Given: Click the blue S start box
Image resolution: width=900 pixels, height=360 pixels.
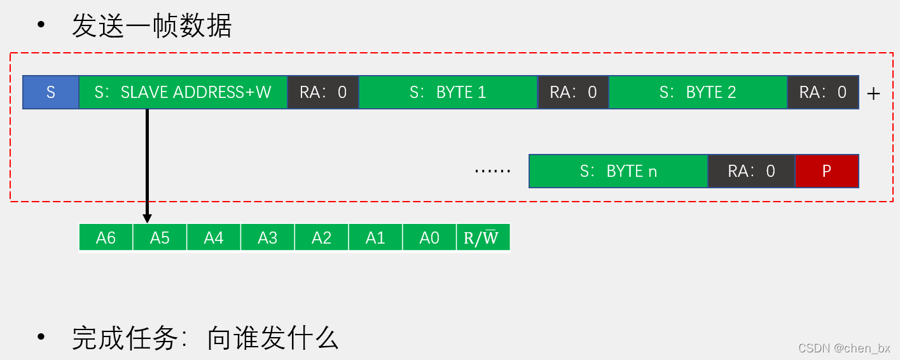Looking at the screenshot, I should click(x=51, y=93).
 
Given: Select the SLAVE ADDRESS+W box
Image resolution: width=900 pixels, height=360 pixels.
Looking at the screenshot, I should click(x=183, y=93).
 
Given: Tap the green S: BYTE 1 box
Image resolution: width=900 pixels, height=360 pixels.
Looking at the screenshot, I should click(x=448, y=93).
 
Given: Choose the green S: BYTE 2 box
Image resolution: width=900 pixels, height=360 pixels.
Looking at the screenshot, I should click(x=698, y=93).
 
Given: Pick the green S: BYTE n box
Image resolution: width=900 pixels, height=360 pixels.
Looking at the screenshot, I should click(x=618, y=171).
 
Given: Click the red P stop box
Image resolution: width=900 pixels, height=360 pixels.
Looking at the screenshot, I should click(x=827, y=171).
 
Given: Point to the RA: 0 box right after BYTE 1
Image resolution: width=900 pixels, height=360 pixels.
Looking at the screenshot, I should click(x=573, y=93).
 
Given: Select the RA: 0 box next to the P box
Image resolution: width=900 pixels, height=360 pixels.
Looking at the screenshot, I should click(x=751, y=171).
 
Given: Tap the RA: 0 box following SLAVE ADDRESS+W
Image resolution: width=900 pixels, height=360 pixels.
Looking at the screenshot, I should click(x=323, y=93).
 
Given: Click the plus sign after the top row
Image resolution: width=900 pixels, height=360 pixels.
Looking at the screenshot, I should click(x=874, y=94).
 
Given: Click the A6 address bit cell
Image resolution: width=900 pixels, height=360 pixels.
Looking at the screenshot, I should click(x=106, y=238).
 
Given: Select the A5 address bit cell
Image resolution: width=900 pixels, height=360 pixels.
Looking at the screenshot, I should click(x=160, y=238).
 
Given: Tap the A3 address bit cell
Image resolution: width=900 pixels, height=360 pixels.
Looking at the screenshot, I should click(x=268, y=238).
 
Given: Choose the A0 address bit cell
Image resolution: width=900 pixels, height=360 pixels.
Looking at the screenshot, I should click(x=429, y=238).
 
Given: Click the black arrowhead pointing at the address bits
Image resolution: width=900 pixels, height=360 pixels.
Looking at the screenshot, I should click(x=147, y=218).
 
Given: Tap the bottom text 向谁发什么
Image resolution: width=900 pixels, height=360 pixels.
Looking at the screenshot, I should click(x=273, y=338).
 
